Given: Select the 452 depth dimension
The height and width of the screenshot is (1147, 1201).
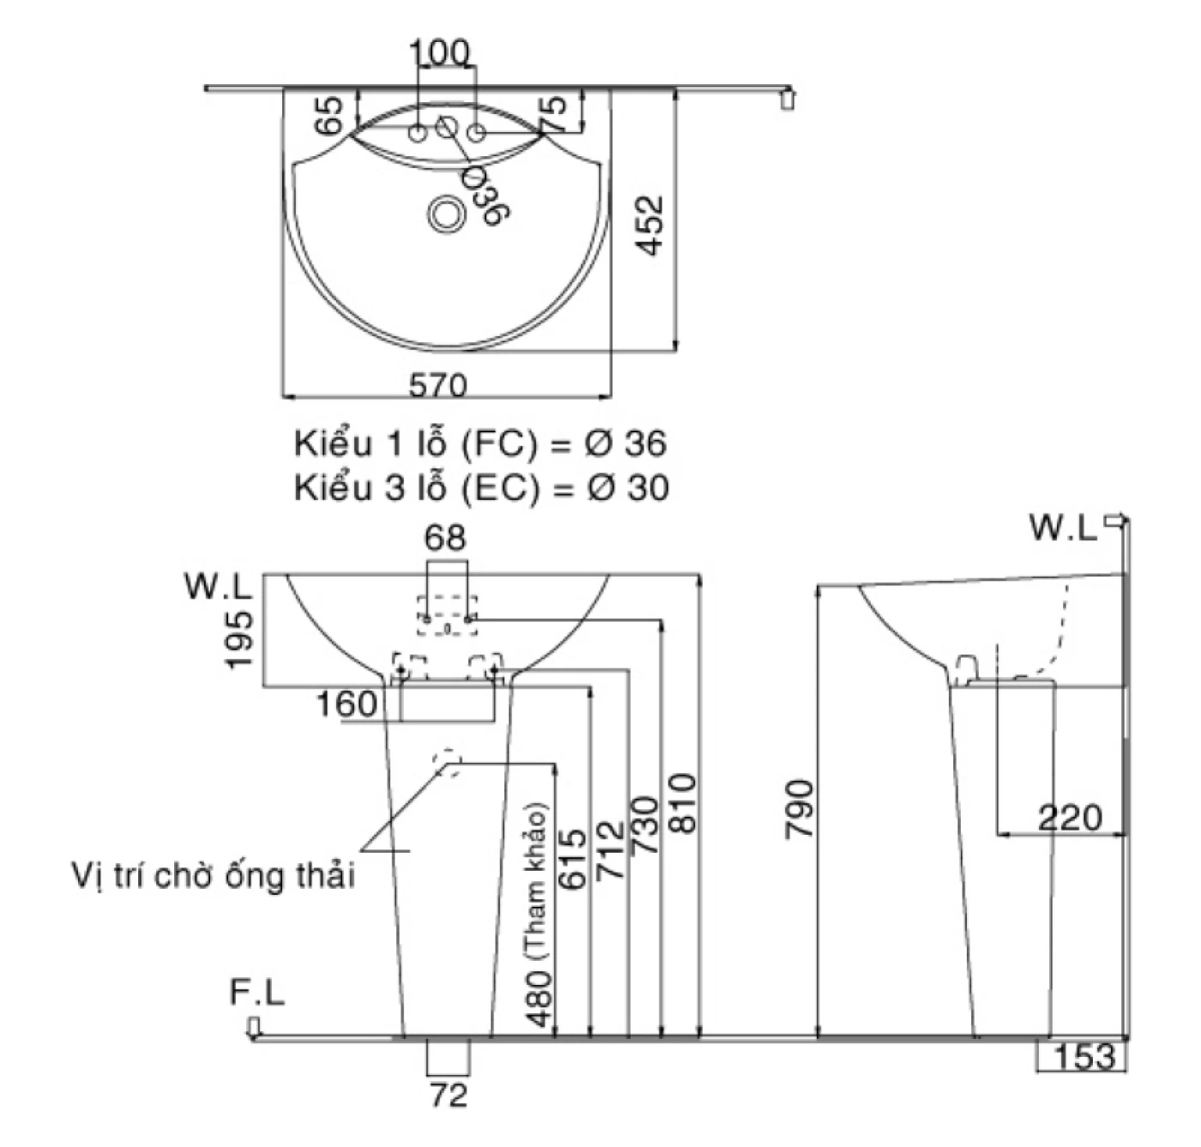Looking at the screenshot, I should pyautogui.click(x=652, y=226).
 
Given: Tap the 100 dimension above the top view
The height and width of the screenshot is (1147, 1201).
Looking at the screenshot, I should pyautogui.click(x=439, y=53).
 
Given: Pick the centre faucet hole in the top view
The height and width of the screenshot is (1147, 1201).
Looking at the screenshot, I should pyautogui.click(x=447, y=127).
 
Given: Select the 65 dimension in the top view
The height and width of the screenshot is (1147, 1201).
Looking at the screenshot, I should pyautogui.click(x=329, y=115).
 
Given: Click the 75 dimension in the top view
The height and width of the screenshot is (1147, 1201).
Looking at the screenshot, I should pyautogui.click(x=555, y=113).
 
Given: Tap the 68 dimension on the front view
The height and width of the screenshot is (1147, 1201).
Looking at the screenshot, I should pyautogui.click(x=446, y=538).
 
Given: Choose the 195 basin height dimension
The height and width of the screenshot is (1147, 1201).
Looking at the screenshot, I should pyautogui.click(x=239, y=639).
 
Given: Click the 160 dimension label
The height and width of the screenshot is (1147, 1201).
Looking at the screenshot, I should pyautogui.click(x=347, y=704).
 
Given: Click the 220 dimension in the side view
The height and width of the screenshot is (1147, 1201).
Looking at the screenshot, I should pyautogui.click(x=1069, y=818).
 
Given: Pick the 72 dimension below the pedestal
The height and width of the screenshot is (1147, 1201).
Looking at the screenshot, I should pyautogui.click(x=448, y=1095).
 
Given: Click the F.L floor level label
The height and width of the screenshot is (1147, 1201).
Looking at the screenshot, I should pyautogui.click(x=256, y=993).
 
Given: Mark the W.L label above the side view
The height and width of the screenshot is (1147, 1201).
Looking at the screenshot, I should pyautogui.click(x=1064, y=528).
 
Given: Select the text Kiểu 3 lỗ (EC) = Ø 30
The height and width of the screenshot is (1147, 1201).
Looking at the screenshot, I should pyautogui.click(x=480, y=488).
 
